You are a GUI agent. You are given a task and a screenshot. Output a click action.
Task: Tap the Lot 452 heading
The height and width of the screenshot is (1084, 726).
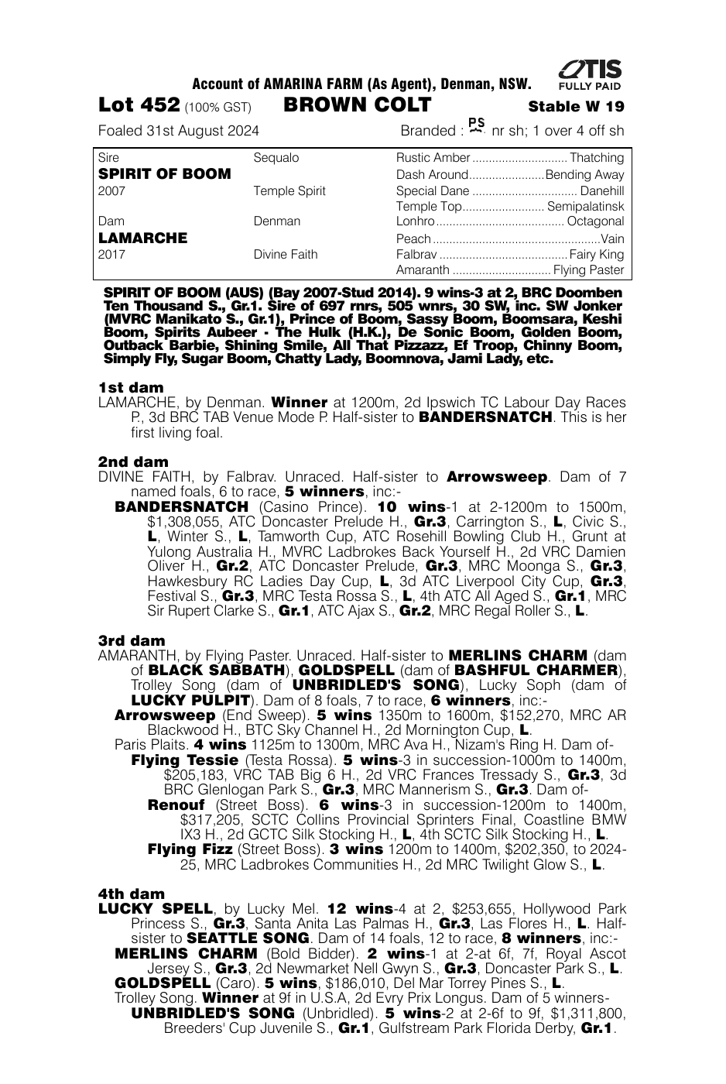[x=139, y=105]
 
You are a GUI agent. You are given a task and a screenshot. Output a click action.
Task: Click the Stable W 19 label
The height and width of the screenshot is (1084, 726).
[x=576, y=107]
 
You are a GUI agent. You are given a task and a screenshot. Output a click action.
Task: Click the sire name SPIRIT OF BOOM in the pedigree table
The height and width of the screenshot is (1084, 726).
[x=165, y=174]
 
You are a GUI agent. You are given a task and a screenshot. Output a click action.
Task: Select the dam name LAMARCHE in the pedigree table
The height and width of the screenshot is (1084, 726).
[x=143, y=238]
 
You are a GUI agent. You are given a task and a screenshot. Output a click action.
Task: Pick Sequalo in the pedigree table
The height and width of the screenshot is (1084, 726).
[x=276, y=158]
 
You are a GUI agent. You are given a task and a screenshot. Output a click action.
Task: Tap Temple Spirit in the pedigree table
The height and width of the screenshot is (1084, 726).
[x=289, y=191]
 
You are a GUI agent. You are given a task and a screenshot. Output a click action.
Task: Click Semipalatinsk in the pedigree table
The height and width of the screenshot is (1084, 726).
[x=585, y=207]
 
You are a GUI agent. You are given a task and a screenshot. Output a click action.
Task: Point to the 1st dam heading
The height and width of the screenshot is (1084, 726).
[x=131, y=387]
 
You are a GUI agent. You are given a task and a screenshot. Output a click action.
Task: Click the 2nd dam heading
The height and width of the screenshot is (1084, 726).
[x=133, y=462]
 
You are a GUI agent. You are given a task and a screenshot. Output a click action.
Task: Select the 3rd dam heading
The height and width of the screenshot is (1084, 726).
[x=132, y=640]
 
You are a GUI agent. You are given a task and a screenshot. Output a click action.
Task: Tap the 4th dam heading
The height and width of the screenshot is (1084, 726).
[x=132, y=894]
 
